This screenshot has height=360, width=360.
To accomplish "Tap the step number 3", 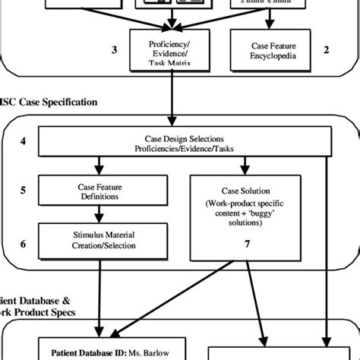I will tap(114, 50).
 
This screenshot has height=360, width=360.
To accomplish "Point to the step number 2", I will tap(326, 50).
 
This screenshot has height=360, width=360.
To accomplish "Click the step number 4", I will tap(24, 141).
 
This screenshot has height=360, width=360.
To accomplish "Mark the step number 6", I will tap(24, 244).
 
